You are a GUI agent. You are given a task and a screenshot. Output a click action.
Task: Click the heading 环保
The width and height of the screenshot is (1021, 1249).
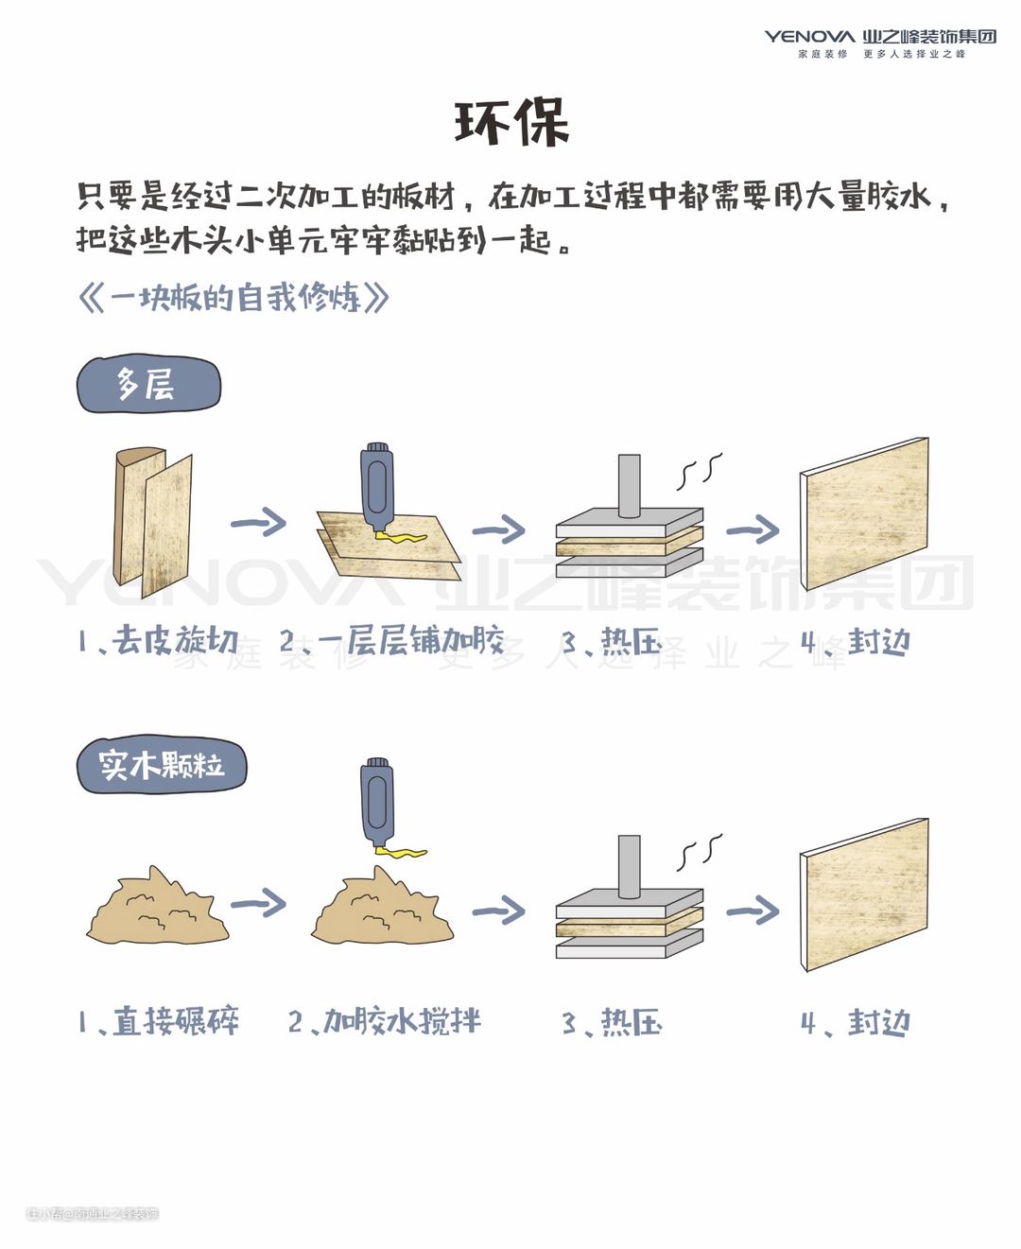511,123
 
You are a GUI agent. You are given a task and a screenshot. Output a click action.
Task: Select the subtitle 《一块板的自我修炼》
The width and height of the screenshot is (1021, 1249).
234,298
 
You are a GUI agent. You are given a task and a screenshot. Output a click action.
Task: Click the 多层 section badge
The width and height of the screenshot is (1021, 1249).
147,385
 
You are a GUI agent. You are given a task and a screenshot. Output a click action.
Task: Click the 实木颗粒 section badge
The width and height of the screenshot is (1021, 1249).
161,764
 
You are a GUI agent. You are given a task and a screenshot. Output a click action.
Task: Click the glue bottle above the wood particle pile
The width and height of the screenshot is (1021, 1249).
377,802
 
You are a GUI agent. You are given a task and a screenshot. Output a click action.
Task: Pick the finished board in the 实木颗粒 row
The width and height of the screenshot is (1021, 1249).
864,894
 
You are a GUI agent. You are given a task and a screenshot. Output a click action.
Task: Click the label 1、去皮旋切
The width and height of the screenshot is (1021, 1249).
158,641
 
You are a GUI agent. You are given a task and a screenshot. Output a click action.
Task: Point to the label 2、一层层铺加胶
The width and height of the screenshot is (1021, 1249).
391,641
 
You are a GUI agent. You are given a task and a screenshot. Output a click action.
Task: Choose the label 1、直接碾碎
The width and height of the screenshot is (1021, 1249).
158,1021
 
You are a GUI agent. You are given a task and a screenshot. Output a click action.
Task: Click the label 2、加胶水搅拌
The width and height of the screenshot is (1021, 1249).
384,1021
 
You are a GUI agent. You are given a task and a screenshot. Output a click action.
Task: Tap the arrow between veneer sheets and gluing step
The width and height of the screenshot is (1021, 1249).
258,522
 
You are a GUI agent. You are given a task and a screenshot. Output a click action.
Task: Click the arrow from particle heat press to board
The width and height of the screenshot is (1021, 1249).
753,911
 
